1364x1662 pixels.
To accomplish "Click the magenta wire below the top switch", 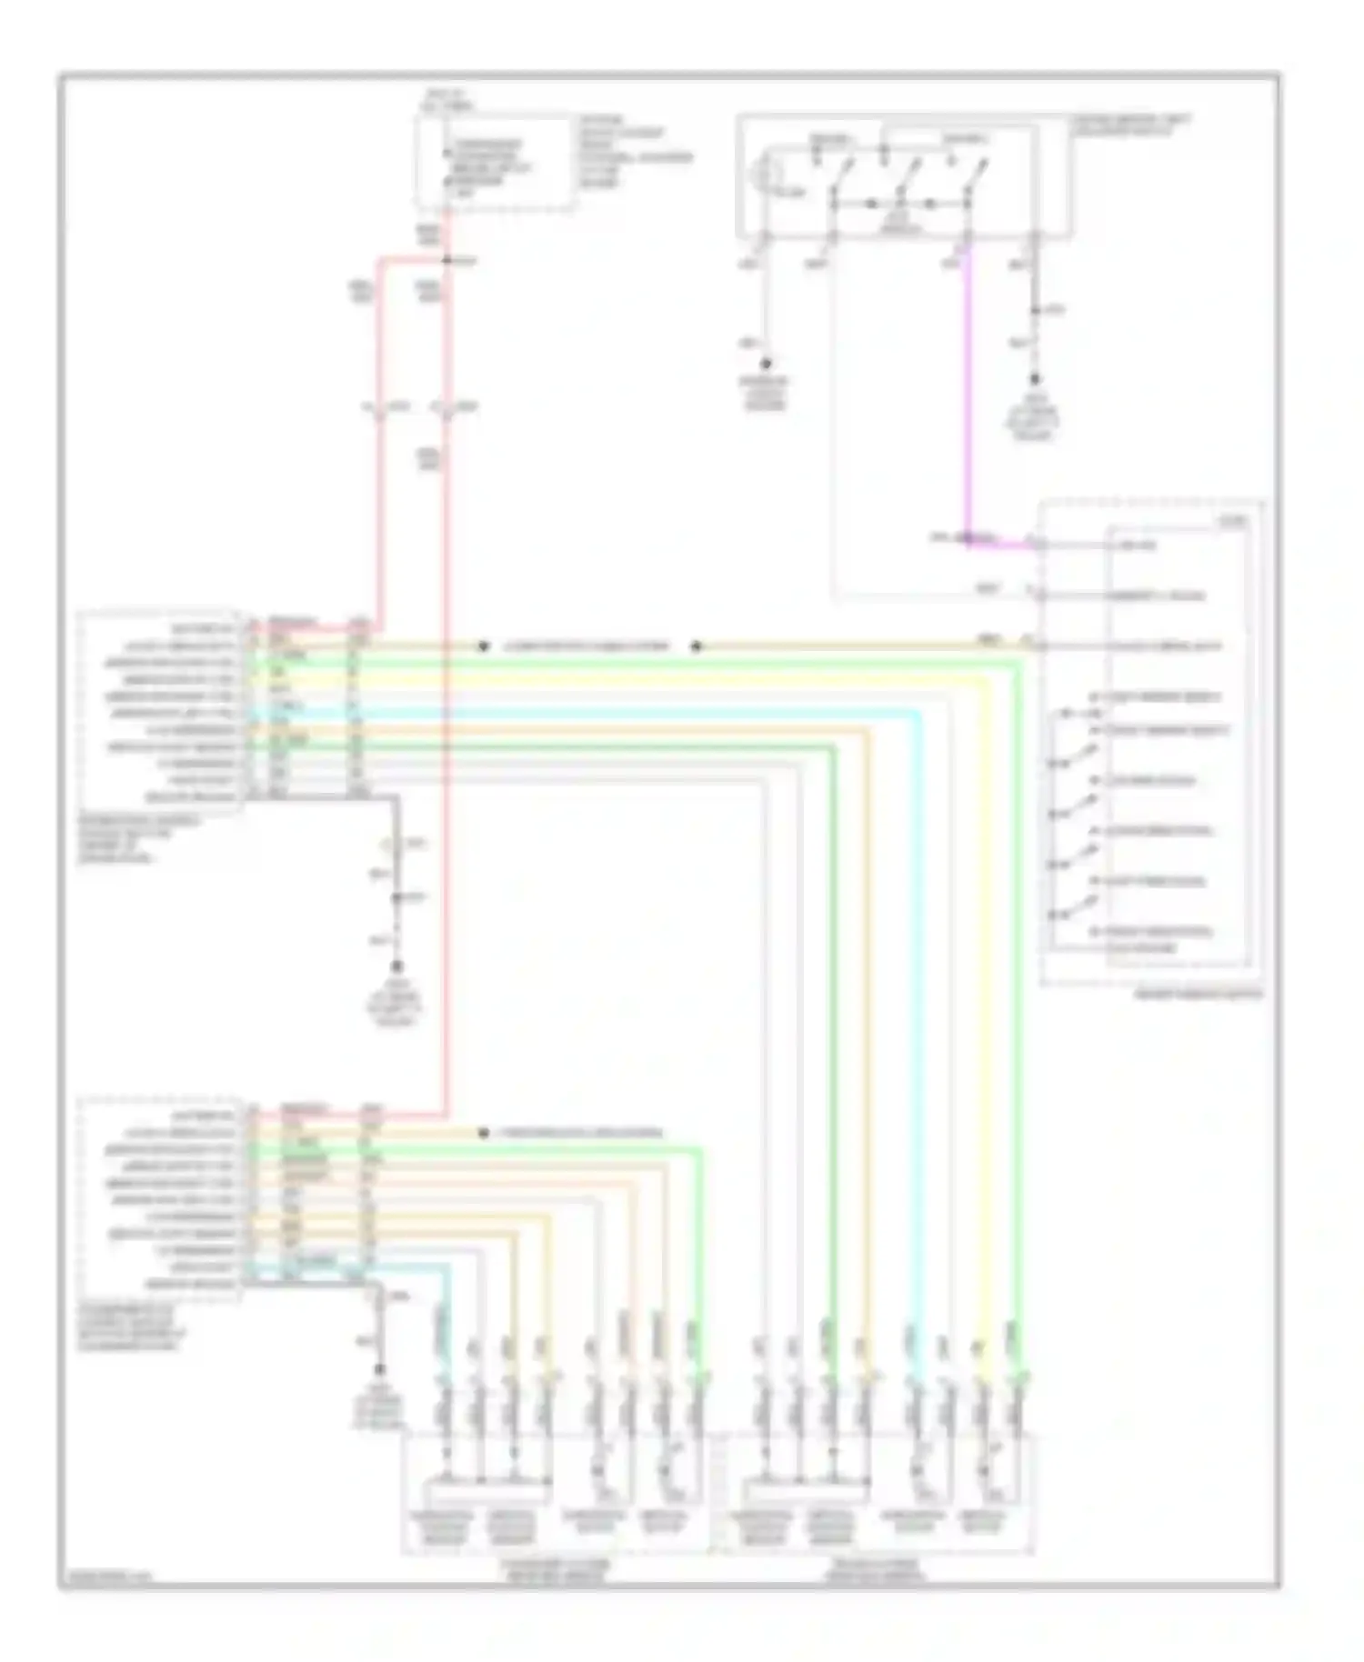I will (967, 391).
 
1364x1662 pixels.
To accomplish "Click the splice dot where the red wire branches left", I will (446, 260).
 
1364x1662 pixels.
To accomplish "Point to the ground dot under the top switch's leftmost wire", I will (766, 363).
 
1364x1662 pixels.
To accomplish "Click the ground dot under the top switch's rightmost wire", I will (1034, 379).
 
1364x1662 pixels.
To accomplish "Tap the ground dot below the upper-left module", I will (396, 967).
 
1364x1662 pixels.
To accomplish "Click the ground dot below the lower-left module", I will (380, 1369).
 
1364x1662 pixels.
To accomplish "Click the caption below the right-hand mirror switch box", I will (1198, 995).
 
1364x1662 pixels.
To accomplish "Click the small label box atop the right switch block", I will (1234, 522).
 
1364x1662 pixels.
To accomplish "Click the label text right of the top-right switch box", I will (1131, 125).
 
